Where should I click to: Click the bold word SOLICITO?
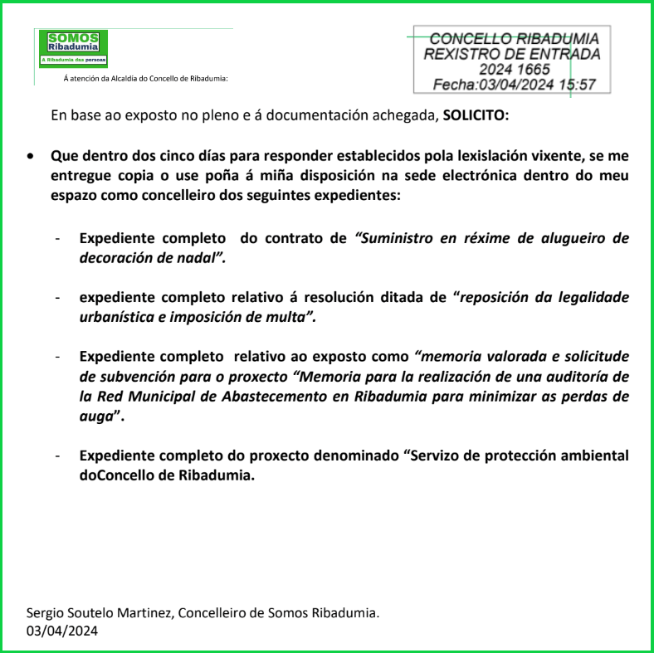click(476, 115)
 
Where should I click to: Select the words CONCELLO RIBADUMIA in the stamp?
click(514, 39)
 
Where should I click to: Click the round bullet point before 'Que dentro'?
click(31, 156)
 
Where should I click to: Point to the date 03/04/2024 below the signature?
click(62, 631)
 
